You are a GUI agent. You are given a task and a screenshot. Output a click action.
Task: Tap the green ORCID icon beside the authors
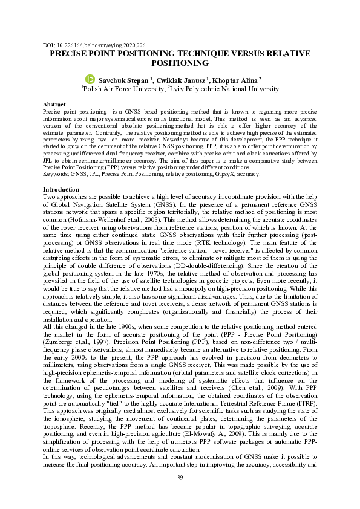coord(90,79)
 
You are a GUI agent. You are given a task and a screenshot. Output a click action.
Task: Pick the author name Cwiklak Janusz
coord(182,80)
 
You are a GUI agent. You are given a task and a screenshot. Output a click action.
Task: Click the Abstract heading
coord(54,105)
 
